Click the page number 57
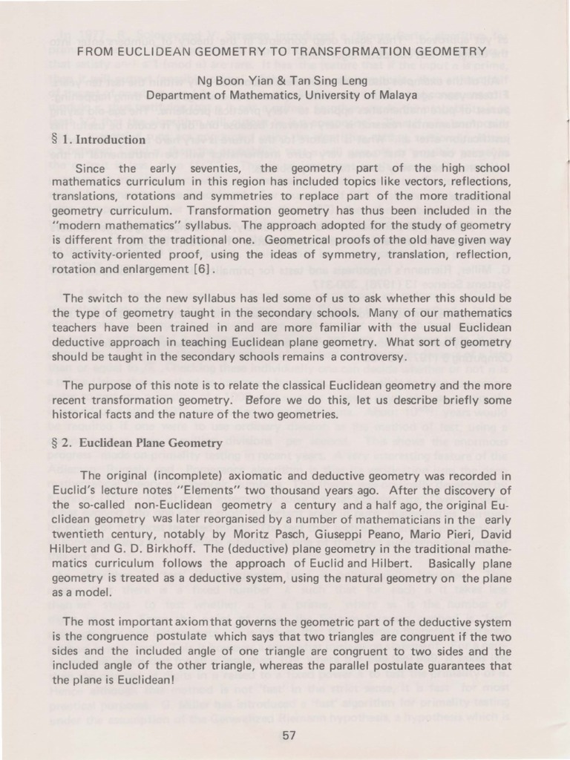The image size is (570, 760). click(x=289, y=736)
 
